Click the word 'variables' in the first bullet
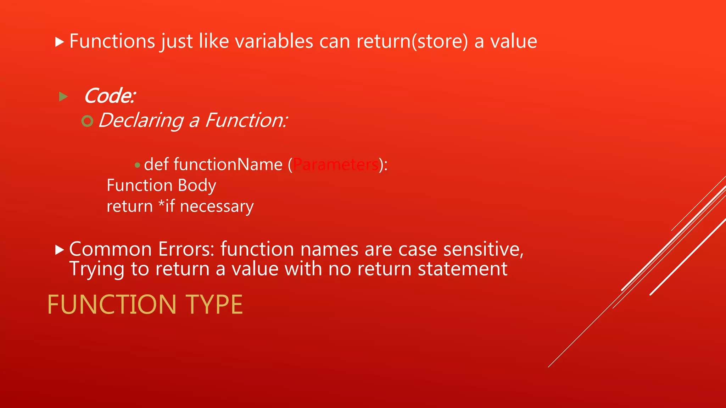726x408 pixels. click(x=274, y=41)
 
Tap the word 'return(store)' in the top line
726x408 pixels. click(x=412, y=41)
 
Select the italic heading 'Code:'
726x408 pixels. click(x=110, y=96)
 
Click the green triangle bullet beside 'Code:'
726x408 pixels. click(x=63, y=96)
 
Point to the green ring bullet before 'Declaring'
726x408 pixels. click(x=87, y=121)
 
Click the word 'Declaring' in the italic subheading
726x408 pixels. click(x=141, y=120)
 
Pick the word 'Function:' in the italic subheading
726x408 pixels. click(x=246, y=120)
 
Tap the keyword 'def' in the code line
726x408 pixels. click(x=156, y=164)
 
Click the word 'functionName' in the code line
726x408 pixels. click(x=228, y=164)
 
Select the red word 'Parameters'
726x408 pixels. click(x=336, y=164)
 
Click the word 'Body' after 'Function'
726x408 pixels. click(x=197, y=186)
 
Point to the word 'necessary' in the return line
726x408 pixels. click(x=217, y=206)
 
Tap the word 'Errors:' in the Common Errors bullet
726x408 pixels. click(x=186, y=249)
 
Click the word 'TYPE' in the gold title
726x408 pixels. click(x=214, y=305)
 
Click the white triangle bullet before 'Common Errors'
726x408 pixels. click(x=60, y=250)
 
